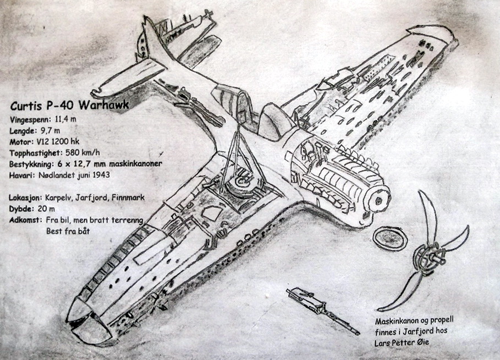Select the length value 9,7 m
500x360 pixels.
click(x=51, y=131)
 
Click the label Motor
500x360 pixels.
click(x=20, y=142)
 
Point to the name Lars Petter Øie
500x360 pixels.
click(x=400, y=342)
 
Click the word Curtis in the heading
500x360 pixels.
click(x=27, y=106)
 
